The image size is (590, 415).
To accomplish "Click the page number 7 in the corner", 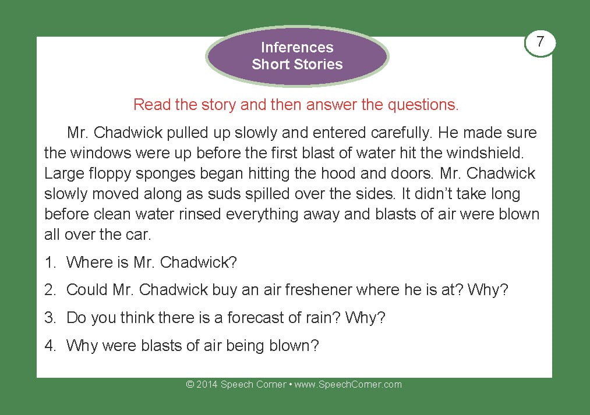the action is (x=540, y=41).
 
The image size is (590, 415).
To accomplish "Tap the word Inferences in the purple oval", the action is (x=297, y=47).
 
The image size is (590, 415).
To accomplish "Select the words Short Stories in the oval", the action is (x=297, y=64).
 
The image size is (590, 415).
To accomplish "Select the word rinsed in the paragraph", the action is (x=199, y=214).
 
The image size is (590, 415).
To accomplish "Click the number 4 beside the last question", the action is (x=50, y=346).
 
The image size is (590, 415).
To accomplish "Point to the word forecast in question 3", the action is (x=256, y=318).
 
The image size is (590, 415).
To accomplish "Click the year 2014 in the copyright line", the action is (x=207, y=385).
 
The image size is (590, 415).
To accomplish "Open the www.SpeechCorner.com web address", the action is (x=348, y=385).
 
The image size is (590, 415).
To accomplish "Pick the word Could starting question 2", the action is (x=87, y=290).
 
